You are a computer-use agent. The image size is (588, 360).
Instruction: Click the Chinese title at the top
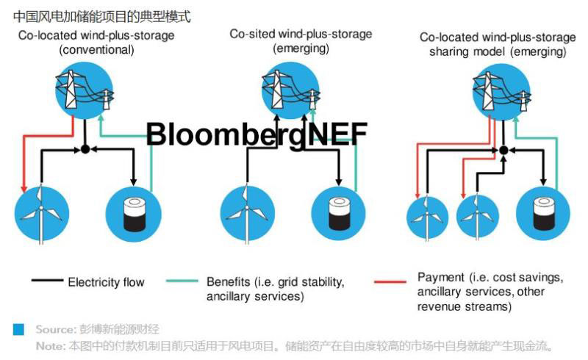pos(102,15)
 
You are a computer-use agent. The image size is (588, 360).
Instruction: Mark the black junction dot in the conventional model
pos(85,149)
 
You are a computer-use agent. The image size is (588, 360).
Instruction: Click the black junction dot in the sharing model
pos(503,150)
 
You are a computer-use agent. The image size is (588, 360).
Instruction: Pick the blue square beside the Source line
pos(18,329)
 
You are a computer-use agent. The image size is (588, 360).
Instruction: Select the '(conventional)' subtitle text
pos(96,50)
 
